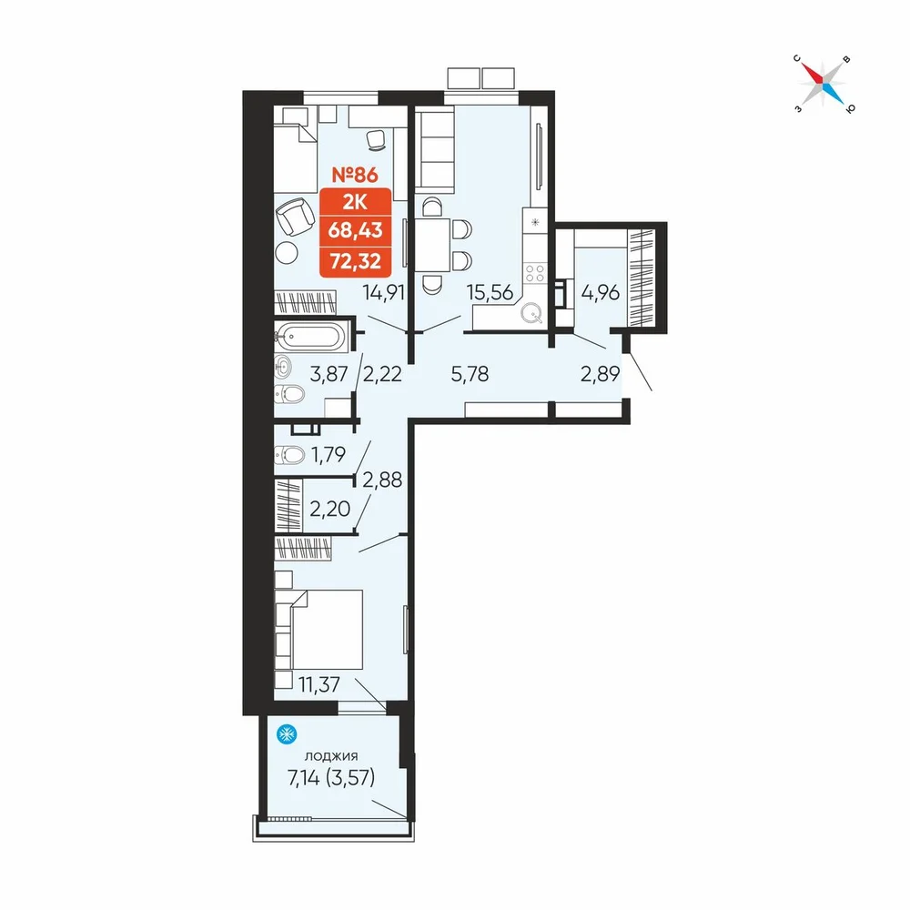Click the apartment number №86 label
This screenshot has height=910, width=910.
point(355,174)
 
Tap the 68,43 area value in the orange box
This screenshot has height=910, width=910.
point(355,230)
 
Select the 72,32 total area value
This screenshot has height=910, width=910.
point(355,261)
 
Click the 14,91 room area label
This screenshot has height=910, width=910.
point(384,292)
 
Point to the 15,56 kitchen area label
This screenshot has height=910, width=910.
point(490,292)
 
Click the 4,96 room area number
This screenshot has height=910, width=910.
point(600,292)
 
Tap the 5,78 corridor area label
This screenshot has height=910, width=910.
point(470,374)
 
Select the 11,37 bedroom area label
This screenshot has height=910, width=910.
point(319,685)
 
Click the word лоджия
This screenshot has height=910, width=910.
point(331,755)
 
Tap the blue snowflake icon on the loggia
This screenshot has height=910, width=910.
point(287,734)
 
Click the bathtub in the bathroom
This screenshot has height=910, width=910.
point(310,336)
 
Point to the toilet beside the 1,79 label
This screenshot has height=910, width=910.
point(289,454)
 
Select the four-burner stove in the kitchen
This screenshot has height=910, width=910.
point(534,273)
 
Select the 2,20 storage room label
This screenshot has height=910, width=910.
point(329,509)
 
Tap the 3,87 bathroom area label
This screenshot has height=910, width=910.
point(329,374)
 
